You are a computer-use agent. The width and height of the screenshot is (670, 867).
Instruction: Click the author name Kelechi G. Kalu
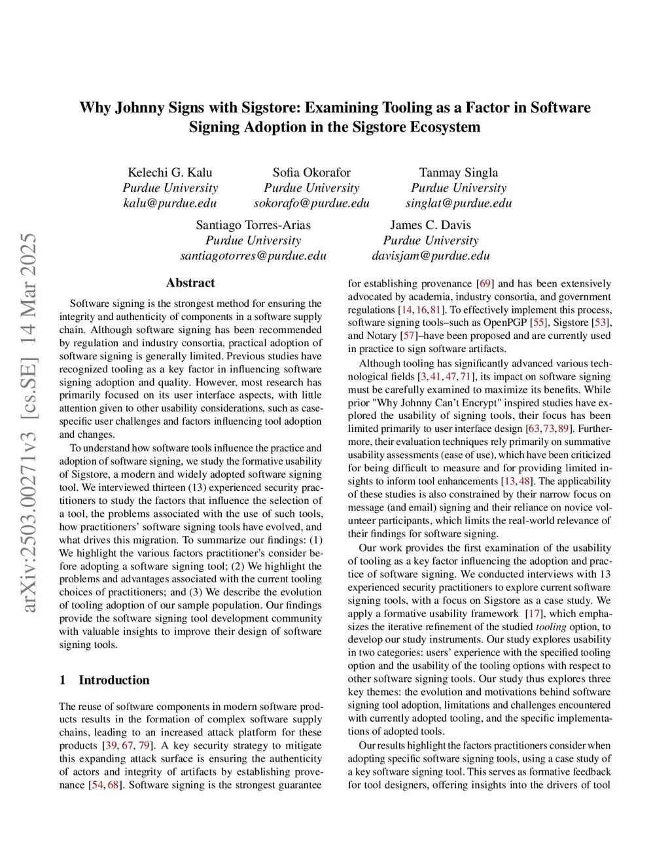click(x=170, y=173)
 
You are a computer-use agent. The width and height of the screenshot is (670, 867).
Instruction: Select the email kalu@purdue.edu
click(x=170, y=203)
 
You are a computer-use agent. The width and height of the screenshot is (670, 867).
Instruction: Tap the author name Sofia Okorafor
click(x=311, y=173)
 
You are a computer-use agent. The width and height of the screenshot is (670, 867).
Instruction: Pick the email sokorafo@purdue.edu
click(x=311, y=203)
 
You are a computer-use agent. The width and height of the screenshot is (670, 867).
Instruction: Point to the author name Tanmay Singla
click(x=459, y=173)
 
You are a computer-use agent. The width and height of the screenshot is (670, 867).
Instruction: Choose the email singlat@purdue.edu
click(x=459, y=203)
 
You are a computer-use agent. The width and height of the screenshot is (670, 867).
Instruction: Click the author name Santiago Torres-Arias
click(x=253, y=225)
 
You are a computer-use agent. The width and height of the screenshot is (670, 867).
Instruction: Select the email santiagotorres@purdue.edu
click(x=253, y=255)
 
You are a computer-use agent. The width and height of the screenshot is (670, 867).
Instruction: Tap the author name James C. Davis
click(x=431, y=225)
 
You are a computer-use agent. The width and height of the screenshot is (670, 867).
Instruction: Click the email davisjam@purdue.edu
click(x=431, y=255)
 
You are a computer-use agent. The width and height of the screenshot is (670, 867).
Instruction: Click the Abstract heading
click(x=190, y=283)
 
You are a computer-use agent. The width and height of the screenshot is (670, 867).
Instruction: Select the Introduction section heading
click(x=114, y=680)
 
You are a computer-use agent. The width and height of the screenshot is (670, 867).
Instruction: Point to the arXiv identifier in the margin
click(x=29, y=422)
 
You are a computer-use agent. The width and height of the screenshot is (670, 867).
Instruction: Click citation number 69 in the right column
click(x=485, y=284)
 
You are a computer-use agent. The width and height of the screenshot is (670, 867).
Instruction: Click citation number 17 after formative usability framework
click(x=535, y=614)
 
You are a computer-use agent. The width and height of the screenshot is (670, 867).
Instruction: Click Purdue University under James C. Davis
click(x=431, y=240)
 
